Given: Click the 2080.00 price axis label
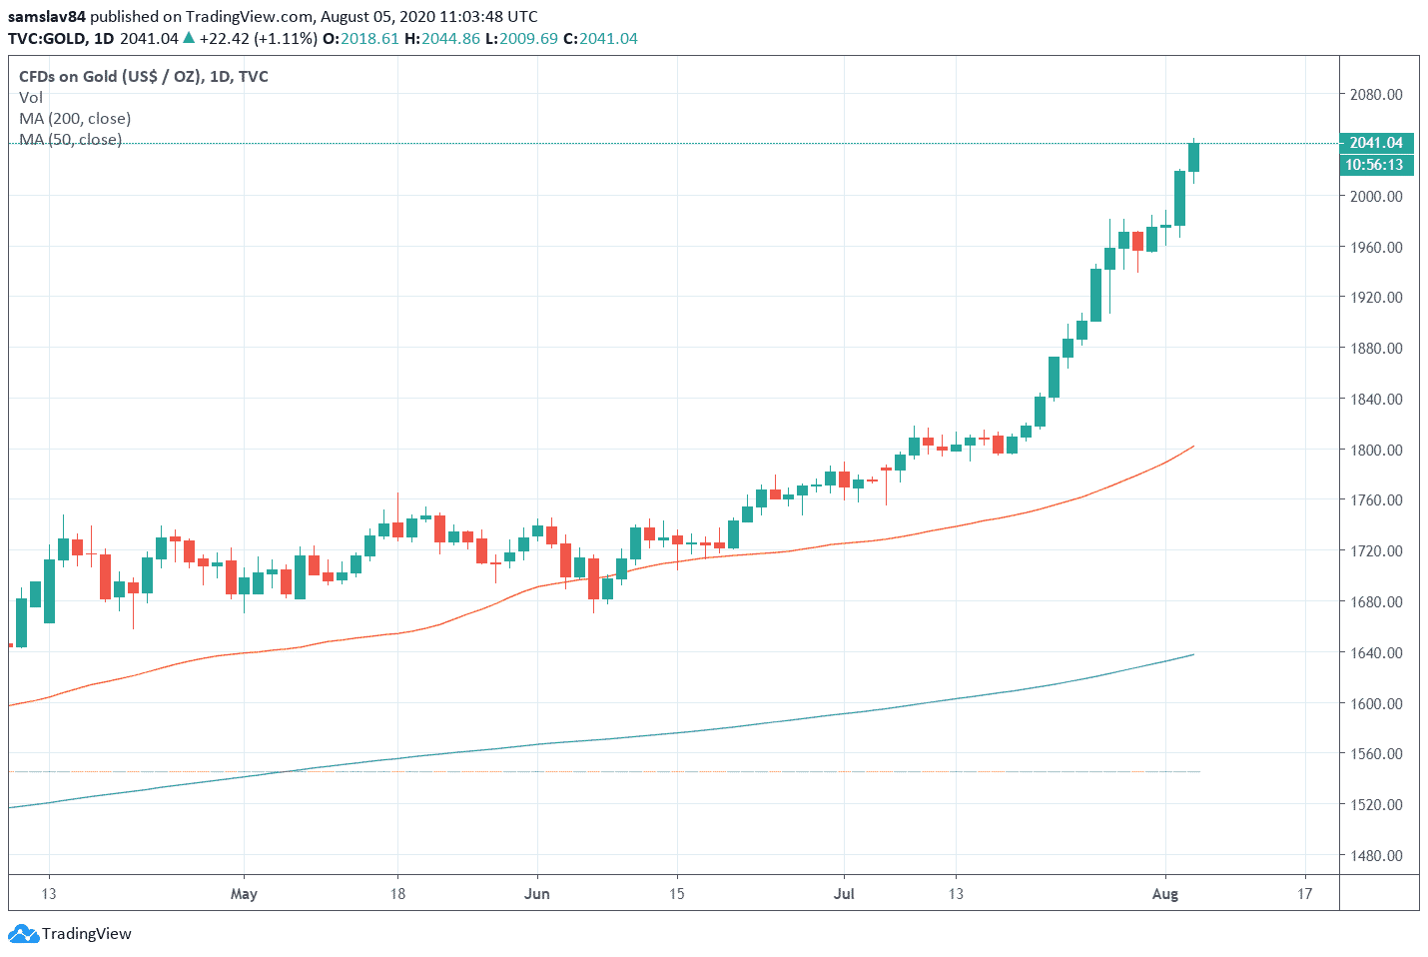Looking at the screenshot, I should (x=1375, y=95).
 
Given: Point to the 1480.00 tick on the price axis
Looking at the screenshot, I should (x=1375, y=855).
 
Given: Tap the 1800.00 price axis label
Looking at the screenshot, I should (x=1375, y=450).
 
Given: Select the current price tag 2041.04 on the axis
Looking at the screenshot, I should (x=1375, y=143).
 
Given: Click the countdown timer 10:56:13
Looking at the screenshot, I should (x=1374, y=165).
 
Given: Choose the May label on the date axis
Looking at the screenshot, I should (x=244, y=894).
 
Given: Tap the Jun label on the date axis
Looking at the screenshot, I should (x=537, y=894).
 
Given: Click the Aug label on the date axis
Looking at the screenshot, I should (x=1165, y=894).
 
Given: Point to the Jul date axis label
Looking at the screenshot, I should (x=844, y=894).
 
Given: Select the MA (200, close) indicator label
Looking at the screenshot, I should (x=75, y=119).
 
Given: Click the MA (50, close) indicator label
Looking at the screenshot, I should (x=70, y=140).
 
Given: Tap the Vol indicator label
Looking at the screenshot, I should (x=31, y=98).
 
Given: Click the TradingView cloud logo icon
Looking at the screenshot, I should (x=23, y=935).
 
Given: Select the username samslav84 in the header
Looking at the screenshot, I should (x=47, y=17).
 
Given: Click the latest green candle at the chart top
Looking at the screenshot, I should (x=1193, y=157).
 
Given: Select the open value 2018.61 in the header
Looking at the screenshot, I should (x=369, y=39).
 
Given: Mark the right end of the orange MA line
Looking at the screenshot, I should (x=1193, y=447).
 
